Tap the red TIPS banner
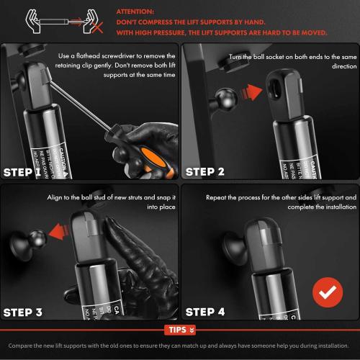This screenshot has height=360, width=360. pyautogui.click(x=180, y=330)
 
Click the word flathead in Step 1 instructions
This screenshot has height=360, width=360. pyautogui.click(x=109, y=56)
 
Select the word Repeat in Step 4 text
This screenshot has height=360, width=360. pyautogui.click(x=217, y=197)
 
